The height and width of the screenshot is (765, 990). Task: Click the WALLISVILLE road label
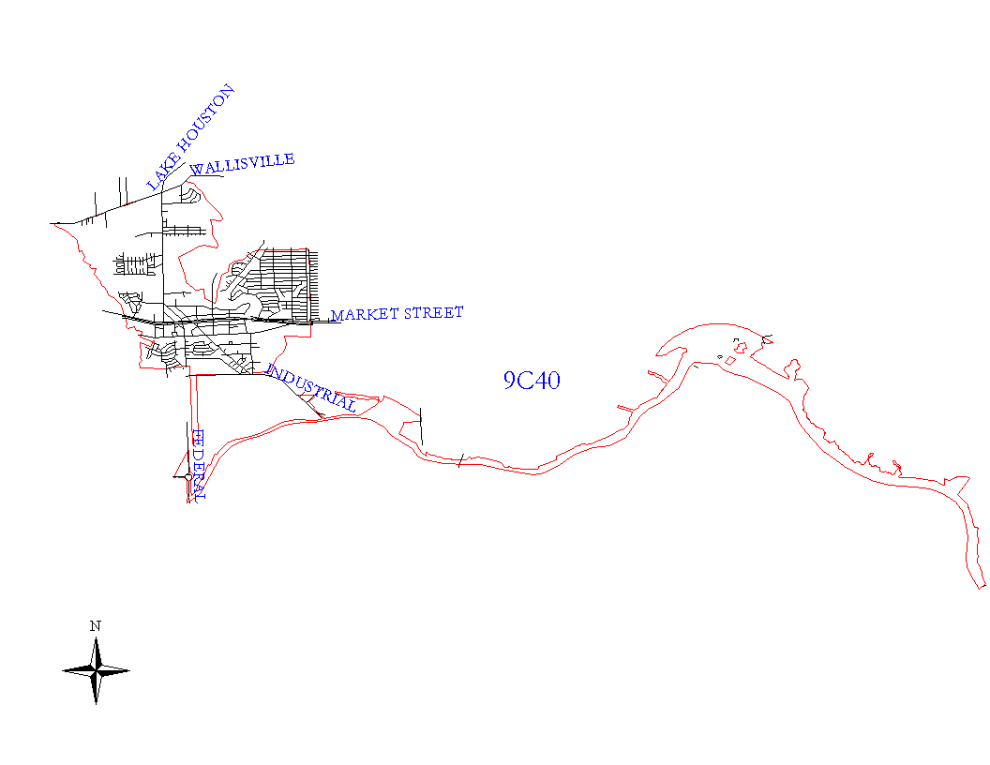(x=243, y=164)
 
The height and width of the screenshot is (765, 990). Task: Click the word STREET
(x=432, y=312)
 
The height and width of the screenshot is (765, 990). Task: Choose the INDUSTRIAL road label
(x=311, y=389)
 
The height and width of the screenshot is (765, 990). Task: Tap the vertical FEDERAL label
(x=197, y=465)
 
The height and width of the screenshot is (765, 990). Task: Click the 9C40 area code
(x=532, y=380)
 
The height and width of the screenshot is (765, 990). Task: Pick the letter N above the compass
(x=96, y=625)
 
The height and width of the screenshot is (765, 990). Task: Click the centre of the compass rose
(x=96, y=670)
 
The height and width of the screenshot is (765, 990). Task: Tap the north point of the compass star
(x=96, y=640)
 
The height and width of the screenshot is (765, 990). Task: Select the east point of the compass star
(x=127, y=670)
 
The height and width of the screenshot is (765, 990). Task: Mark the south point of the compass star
(x=96, y=702)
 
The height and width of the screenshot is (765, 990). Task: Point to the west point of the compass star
(x=64, y=670)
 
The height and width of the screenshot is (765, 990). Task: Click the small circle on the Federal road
(x=188, y=476)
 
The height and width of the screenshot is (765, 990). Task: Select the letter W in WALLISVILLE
(x=196, y=170)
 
